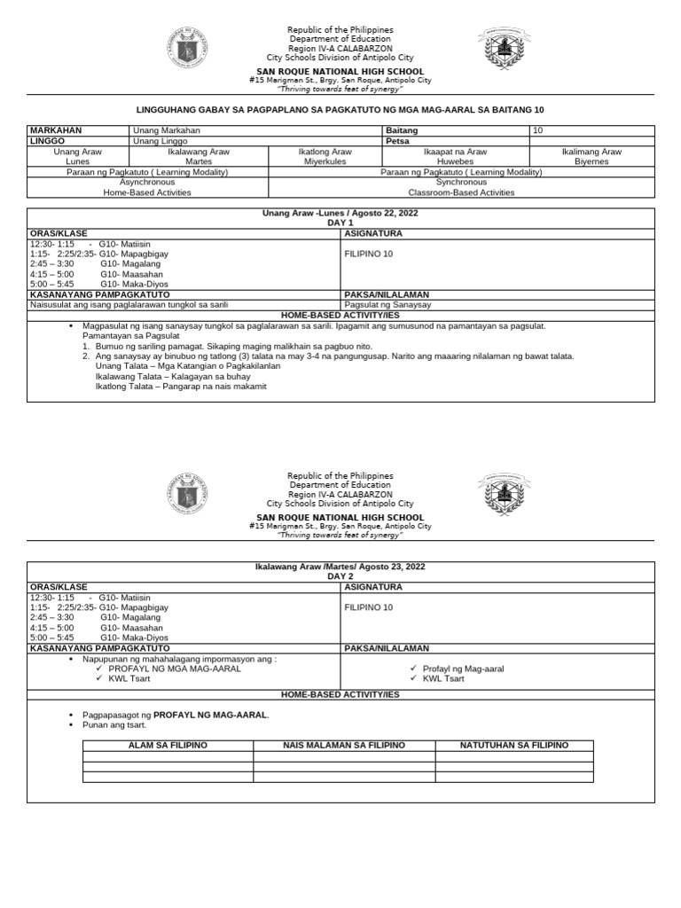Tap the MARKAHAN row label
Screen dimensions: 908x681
point(54,130)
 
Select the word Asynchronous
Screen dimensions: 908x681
point(147,182)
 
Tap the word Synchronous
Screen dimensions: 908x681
point(460,182)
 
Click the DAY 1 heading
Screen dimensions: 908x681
point(340,223)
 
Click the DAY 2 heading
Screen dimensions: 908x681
point(340,576)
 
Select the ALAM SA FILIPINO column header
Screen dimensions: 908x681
point(168,745)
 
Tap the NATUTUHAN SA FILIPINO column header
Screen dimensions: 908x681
point(513,745)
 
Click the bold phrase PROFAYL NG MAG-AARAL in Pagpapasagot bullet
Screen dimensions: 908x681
point(210,715)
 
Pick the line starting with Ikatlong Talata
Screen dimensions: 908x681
point(181,386)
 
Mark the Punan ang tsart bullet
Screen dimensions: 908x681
point(114,725)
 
